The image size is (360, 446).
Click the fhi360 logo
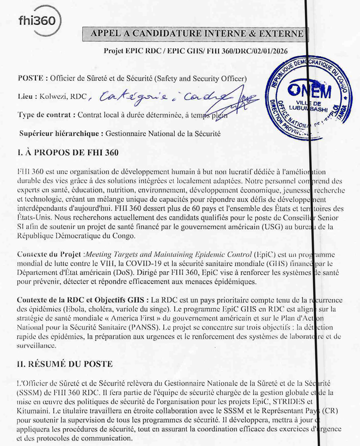click(39, 21)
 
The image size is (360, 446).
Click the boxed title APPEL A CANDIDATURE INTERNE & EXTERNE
click(195, 34)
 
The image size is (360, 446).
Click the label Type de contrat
click(45, 115)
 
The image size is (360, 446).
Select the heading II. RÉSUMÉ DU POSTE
click(65, 364)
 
